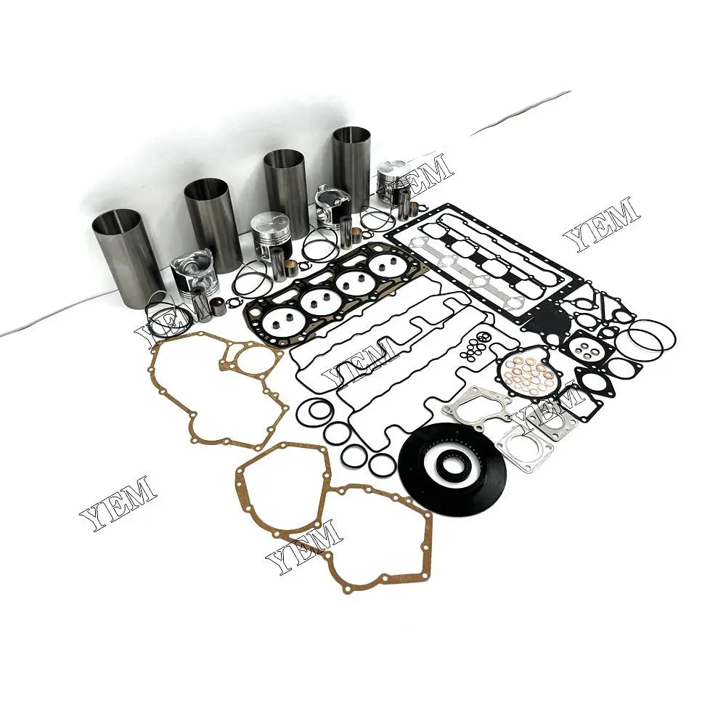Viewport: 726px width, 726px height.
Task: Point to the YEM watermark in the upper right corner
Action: [x=602, y=222]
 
